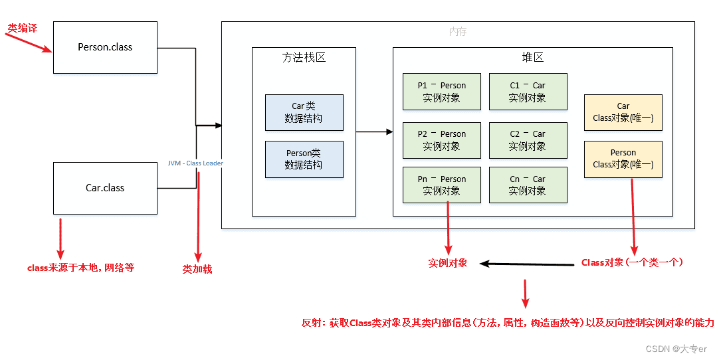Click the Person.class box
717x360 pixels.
105,47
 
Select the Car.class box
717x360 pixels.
105,188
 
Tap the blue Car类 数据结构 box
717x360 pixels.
304,112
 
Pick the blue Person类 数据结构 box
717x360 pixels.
304,159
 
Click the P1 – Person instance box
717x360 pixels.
441,92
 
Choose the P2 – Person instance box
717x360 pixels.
441,140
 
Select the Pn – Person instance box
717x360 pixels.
441,185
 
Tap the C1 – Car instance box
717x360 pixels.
528,92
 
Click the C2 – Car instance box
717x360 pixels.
528,140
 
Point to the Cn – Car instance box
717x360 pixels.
528,185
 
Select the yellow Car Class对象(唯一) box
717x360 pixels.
623,112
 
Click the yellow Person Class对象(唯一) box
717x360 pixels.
623,159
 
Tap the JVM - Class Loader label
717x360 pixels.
195,163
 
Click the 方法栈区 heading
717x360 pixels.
304,58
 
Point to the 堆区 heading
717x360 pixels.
532,58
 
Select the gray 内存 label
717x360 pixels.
458,31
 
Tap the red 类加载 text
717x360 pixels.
197,270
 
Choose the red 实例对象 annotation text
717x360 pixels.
448,263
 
